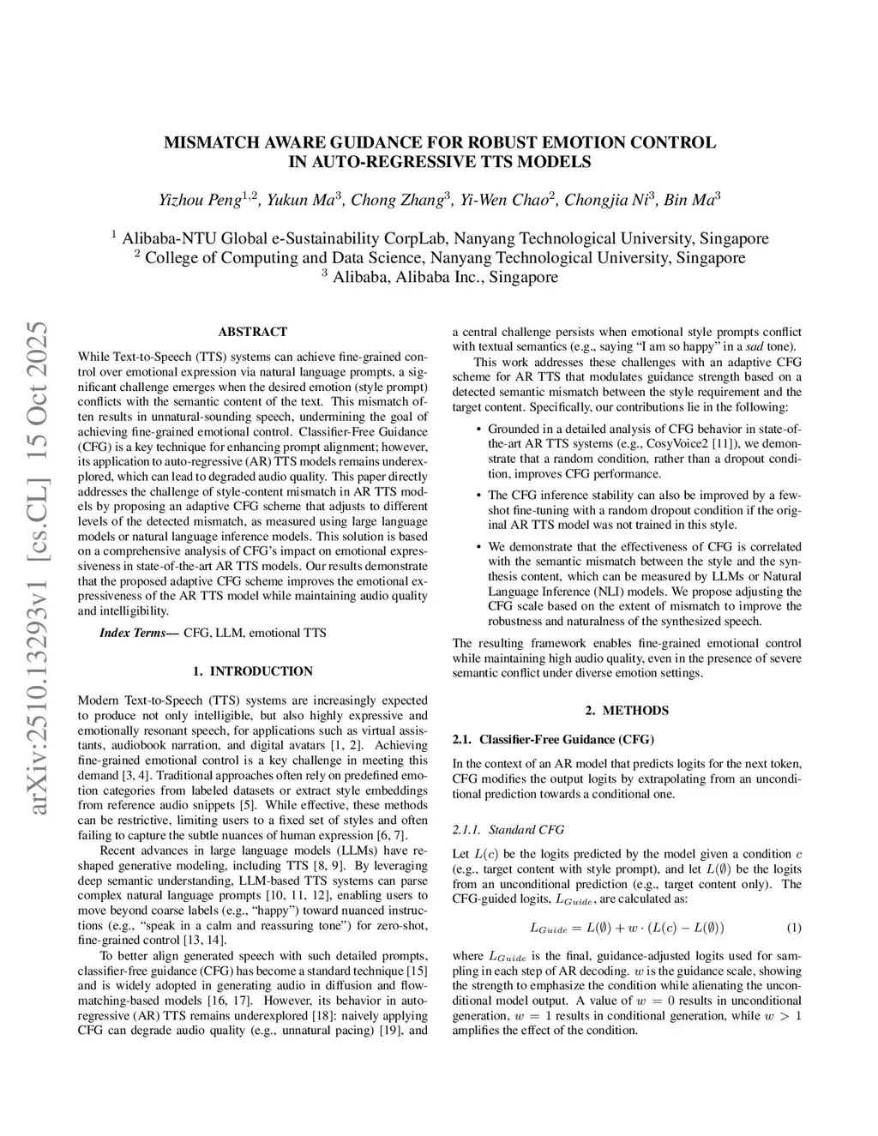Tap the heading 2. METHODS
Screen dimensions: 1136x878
click(x=627, y=710)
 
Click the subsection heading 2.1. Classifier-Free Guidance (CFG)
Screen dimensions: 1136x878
click(x=553, y=739)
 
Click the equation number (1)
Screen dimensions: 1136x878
click(x=793, y=928)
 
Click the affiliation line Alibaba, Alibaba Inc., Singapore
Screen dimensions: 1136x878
click(x=445, y=277)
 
